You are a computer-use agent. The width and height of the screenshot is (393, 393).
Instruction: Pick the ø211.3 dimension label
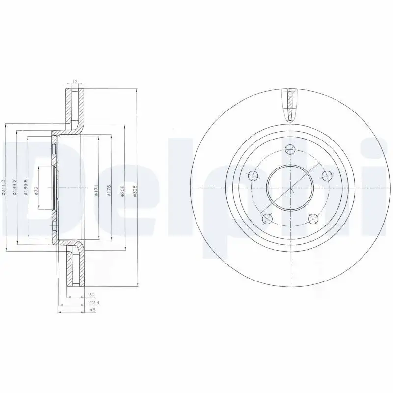[4, 187]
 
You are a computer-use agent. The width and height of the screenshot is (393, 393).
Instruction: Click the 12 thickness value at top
[75, 81]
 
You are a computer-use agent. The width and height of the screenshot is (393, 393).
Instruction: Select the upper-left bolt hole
[253, 175]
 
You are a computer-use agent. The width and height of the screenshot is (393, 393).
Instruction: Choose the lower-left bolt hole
[267, 219]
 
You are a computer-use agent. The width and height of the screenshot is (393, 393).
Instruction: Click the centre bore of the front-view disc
[290, 188]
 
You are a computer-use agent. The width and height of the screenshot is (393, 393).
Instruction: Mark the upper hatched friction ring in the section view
[74, 108]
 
